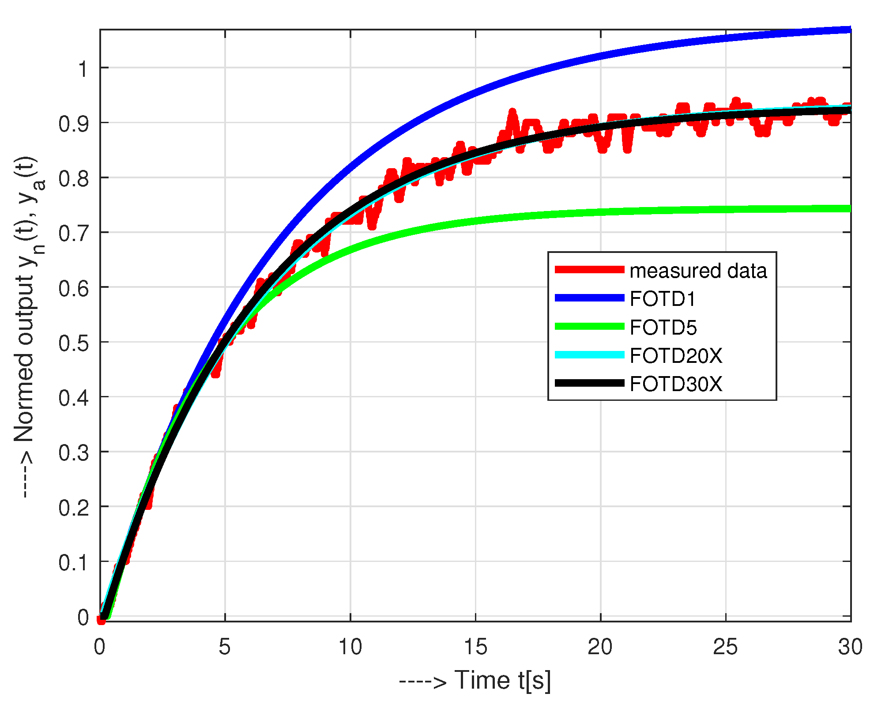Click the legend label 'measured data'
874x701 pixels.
pos(698,271)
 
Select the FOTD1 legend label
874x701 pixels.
pos(663,299)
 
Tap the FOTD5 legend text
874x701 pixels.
pos(663,328)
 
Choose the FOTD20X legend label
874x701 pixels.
pos(676,356)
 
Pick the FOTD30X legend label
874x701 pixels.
pos(676,384)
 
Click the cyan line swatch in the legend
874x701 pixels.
pos(589,355)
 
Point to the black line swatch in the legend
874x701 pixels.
pos(589,383)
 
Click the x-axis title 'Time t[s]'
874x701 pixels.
pos(502,680)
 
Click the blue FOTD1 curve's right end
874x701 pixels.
pos(848,30)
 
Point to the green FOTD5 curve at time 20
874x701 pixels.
pos(601,212)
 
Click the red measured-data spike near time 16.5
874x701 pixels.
pos(512,113)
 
